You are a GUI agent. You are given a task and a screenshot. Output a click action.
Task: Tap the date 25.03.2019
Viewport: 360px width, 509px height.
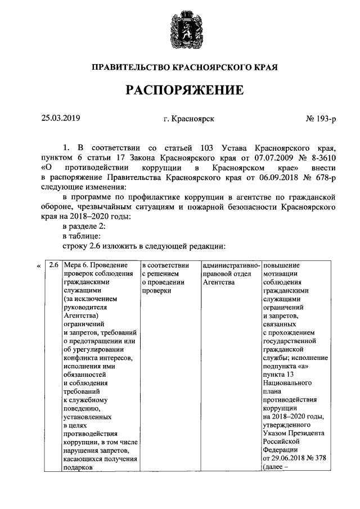(61, 118)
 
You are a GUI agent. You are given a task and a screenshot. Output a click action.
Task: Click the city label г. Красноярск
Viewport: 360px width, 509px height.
(188, 118)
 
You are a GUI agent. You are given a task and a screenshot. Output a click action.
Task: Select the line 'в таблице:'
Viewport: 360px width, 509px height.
(82, 236)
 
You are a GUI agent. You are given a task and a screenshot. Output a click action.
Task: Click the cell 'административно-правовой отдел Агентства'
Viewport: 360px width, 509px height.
(231, 273)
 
